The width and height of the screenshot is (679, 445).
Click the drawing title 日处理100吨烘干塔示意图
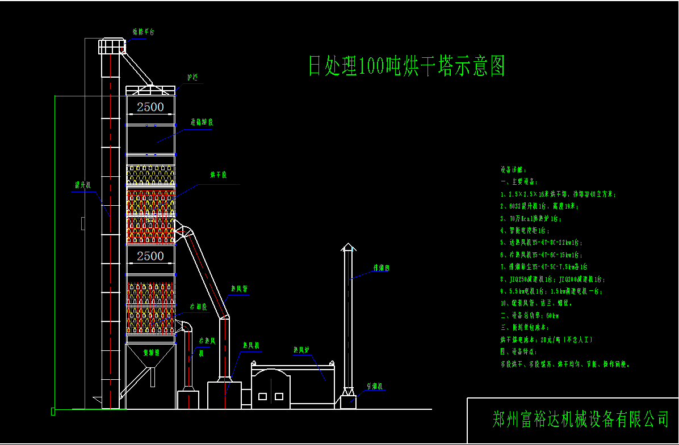click(406, 66)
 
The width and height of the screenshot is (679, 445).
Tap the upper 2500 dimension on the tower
click(150, 107)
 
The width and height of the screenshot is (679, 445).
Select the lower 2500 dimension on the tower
click(150, 256)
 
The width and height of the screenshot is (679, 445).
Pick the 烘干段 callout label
click(218, 175)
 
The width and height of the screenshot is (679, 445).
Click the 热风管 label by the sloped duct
click(239, 289)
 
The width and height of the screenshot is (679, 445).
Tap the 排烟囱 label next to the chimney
click(380, 268)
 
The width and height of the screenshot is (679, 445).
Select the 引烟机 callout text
click(375, 386)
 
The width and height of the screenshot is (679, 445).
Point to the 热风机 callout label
click(251, 345)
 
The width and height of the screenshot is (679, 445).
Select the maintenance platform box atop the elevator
click(111, 46)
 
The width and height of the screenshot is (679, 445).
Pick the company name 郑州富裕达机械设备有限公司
click(580, 419)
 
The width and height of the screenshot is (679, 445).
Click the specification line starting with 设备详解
click(514, 169)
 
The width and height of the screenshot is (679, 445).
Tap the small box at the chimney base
click(347, 401)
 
